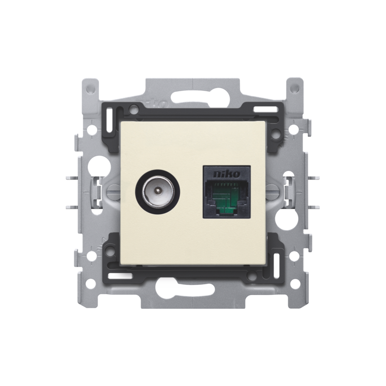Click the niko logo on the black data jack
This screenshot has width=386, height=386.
pos(226,174)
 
